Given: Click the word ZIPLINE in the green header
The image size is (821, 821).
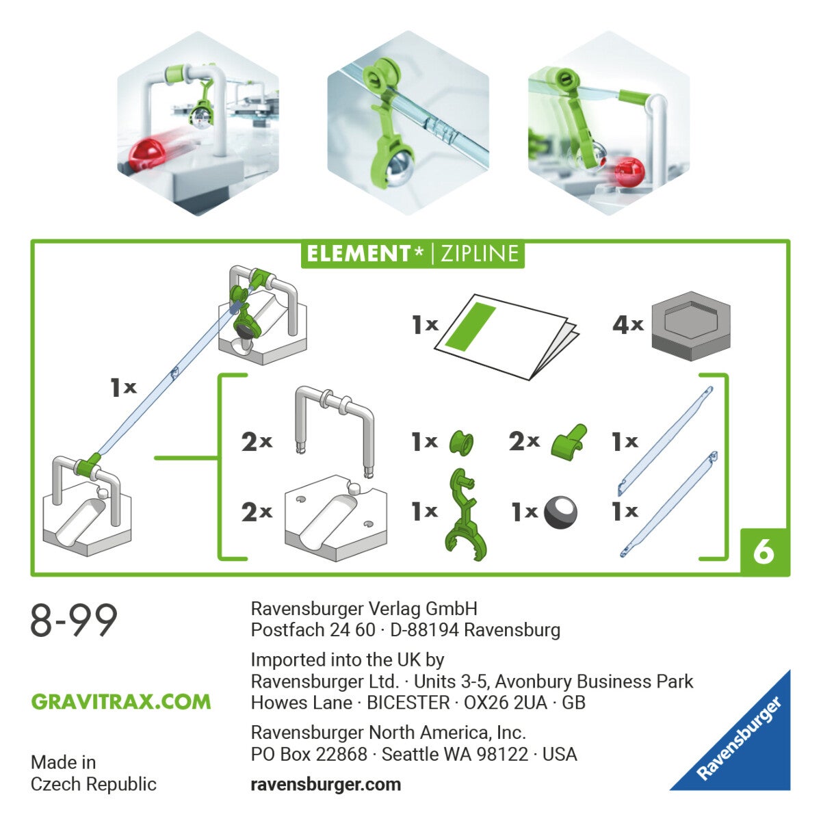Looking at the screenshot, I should click(479, 254).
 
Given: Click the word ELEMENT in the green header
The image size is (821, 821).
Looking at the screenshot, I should click(358, 254).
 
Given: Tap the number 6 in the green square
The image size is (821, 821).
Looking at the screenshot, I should click(764, 551).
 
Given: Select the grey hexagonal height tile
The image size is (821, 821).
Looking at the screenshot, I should click(690, 326).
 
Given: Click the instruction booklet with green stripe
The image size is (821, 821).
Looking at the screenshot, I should click(506, 336).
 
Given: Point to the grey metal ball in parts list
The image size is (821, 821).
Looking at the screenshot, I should click(560, 512).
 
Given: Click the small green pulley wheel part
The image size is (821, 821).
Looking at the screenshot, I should click(460, 443).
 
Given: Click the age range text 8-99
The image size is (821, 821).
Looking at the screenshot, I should click(74, 621).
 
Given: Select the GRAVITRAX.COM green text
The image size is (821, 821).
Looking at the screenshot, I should click(121, 702).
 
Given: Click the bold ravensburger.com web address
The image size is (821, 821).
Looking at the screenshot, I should click(326, 784).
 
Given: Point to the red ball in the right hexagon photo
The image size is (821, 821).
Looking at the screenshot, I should click(629, 170).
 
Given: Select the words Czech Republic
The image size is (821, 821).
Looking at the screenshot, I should click(94, 784).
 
